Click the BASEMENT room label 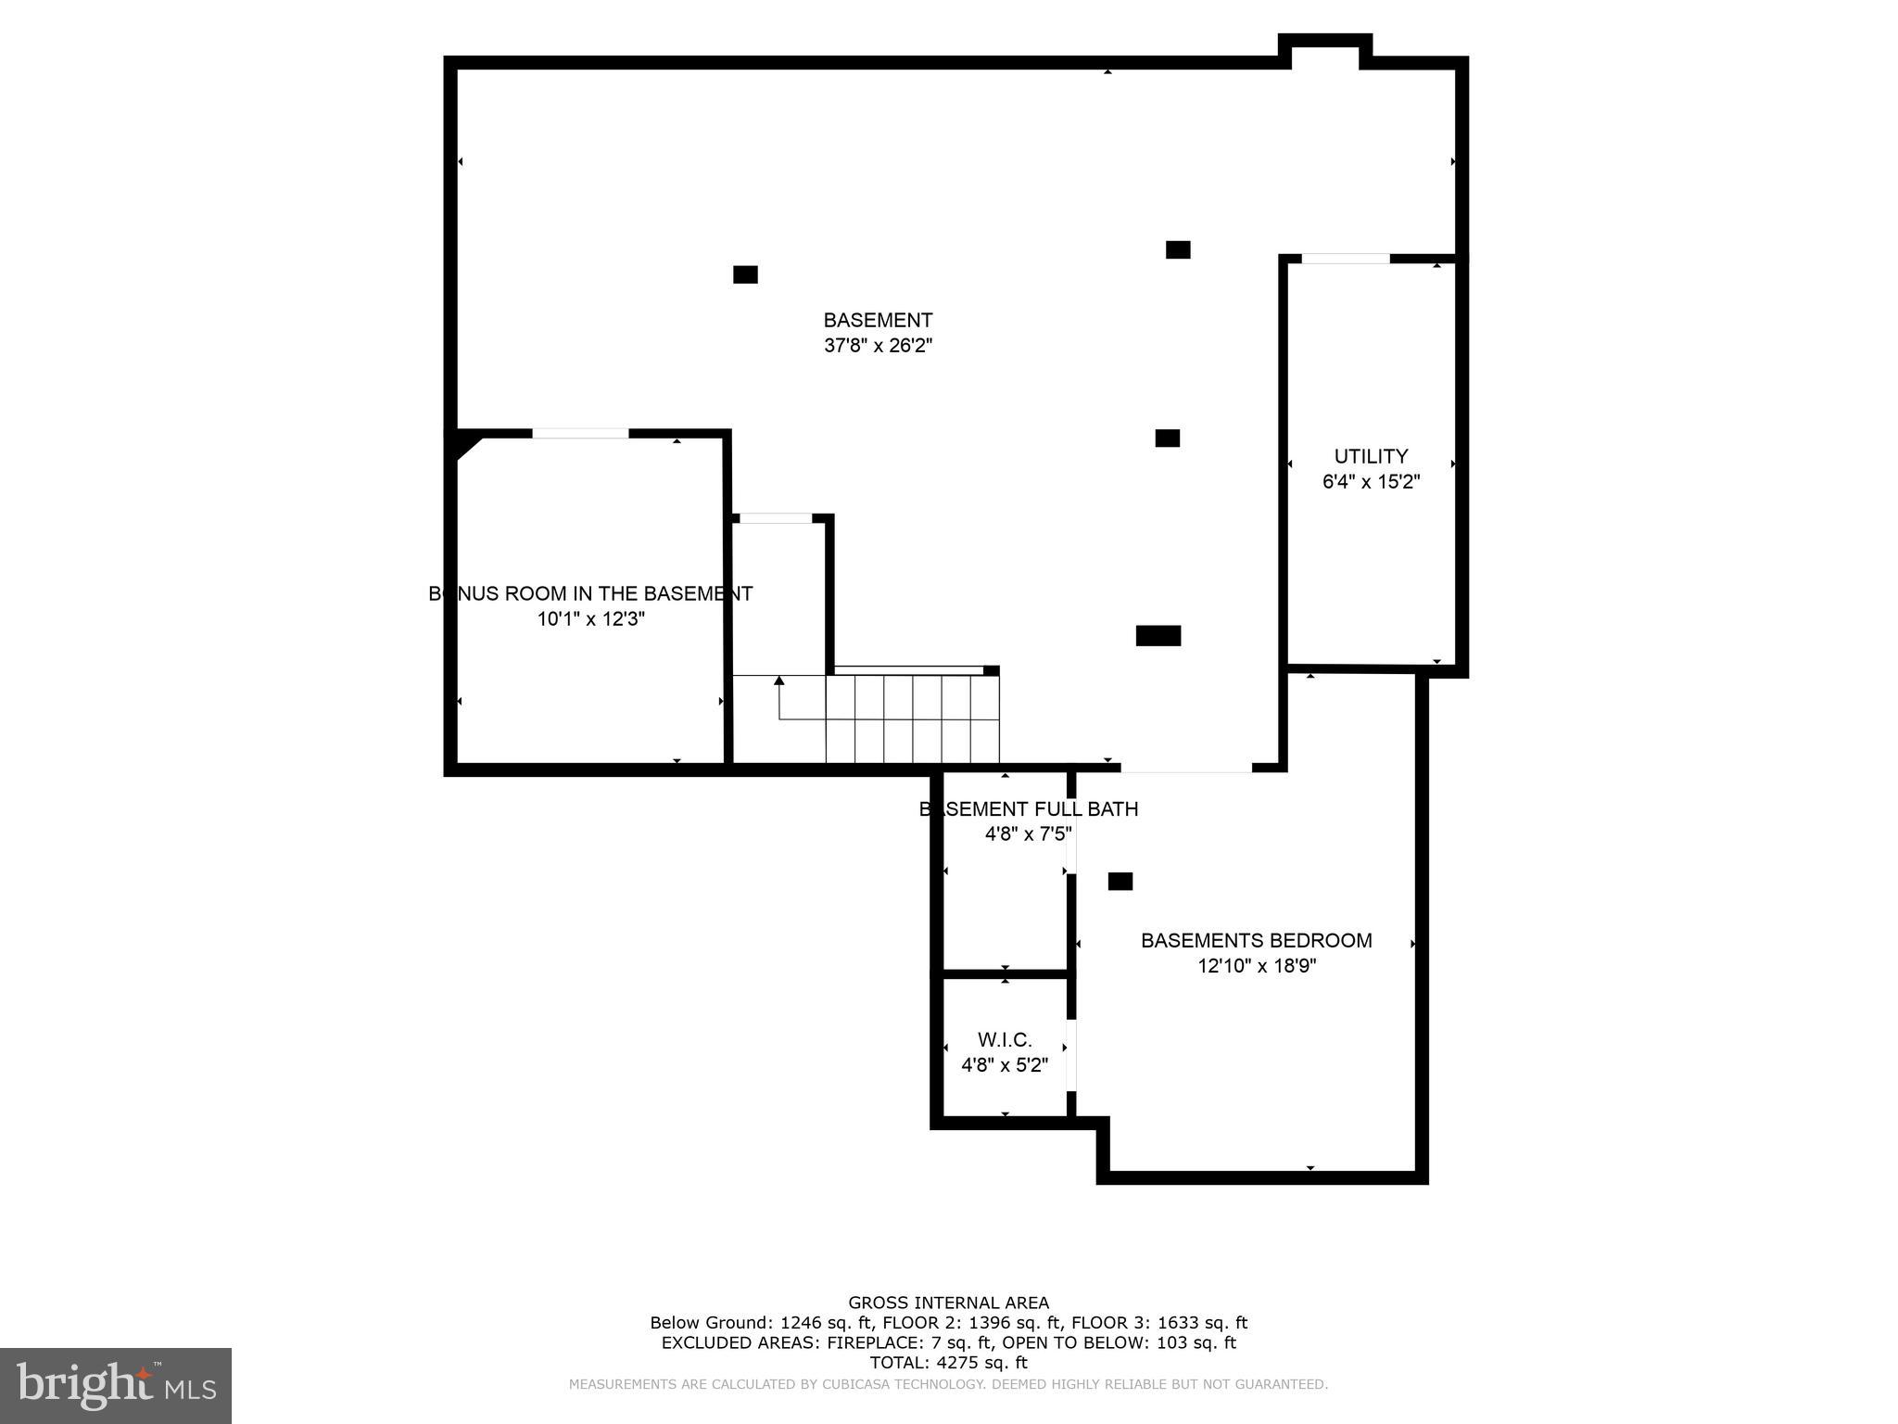[878, 321]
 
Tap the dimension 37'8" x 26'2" [878, 346]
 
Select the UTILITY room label [1371, 456]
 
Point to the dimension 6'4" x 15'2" [1371, 482]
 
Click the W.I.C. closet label [1005, 1040]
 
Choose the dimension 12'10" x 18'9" [1257, 966]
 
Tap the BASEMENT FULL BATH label [1028, 809]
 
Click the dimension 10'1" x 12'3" [590, 619]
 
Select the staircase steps [912, 718]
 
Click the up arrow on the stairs [779, 681]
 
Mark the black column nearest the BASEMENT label [745, 274]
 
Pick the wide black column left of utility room [1158, 636]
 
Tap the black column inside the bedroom [1120, 882]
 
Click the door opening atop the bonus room [580, 434]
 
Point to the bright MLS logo [116, 1386]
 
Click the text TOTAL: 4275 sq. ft [948, 1363]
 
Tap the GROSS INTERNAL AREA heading [948, 1303]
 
